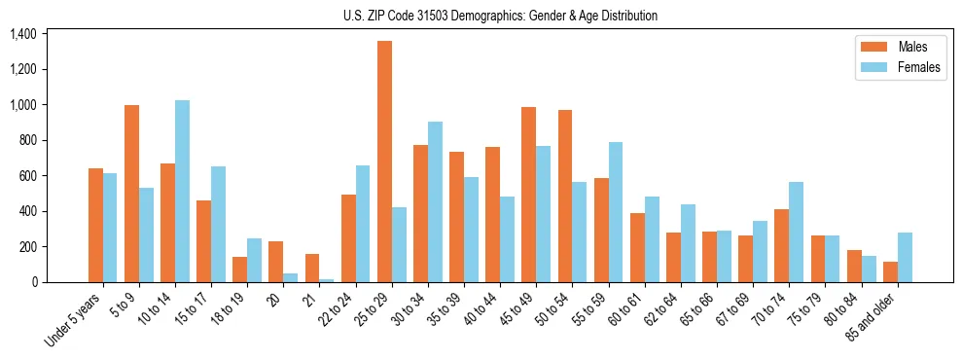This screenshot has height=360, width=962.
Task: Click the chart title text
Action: tap(500, 16)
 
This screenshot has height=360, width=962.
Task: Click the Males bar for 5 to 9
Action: tap(131, 194)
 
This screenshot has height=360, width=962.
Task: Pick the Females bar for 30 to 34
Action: tap(435, 201)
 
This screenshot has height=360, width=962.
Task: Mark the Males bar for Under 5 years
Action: tap(95, 225)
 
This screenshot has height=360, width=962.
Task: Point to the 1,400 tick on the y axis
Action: tap(23, 34)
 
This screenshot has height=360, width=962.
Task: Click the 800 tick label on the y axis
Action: tap(27, 140)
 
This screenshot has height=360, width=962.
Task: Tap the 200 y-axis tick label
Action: tap(27, 247)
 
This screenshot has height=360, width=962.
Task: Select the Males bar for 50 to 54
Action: tap(564, 196)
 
